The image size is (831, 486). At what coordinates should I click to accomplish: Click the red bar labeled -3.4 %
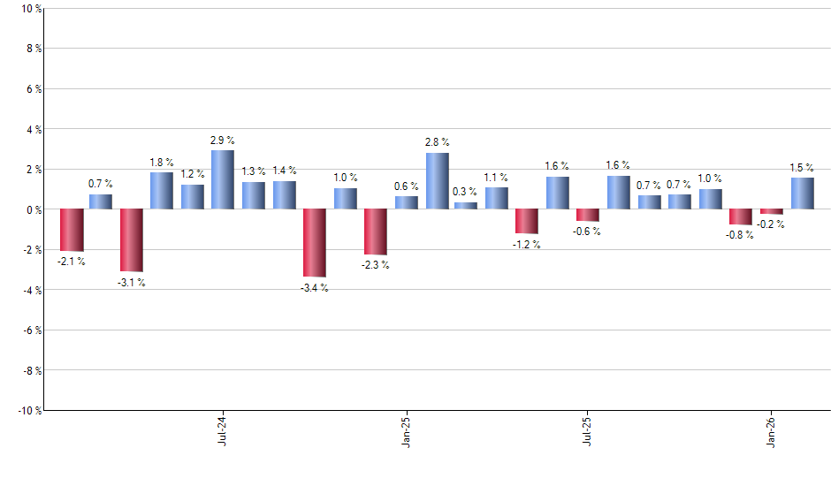click(x=315, y=243)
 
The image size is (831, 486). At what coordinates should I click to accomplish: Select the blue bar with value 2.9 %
click(x=223, y=179)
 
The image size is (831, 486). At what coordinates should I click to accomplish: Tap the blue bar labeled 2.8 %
click(x=438, y=181)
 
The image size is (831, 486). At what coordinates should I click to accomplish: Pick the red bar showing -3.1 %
click(x=132, y=240)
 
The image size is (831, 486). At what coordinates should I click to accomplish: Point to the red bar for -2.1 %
click(x=72, y=230)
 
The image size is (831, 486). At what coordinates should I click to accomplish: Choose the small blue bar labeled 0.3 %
click(x=466, y=206)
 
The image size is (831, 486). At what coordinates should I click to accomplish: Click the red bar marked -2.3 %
click(x=376, y=232)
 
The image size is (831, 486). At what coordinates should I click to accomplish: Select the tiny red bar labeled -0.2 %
click(x=772, y=211)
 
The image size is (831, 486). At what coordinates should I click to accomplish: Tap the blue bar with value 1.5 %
click(x=803, y=194)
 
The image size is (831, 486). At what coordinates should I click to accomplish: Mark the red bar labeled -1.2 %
click(x=527, y=221)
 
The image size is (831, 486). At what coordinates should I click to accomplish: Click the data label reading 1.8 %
click(x=161, y=162)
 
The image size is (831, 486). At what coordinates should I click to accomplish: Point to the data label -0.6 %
click(x=588, y=232)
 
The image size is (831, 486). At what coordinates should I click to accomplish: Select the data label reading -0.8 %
click(x=741, y=235)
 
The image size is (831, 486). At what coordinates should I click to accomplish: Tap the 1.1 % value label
click(x=497, y=177)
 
